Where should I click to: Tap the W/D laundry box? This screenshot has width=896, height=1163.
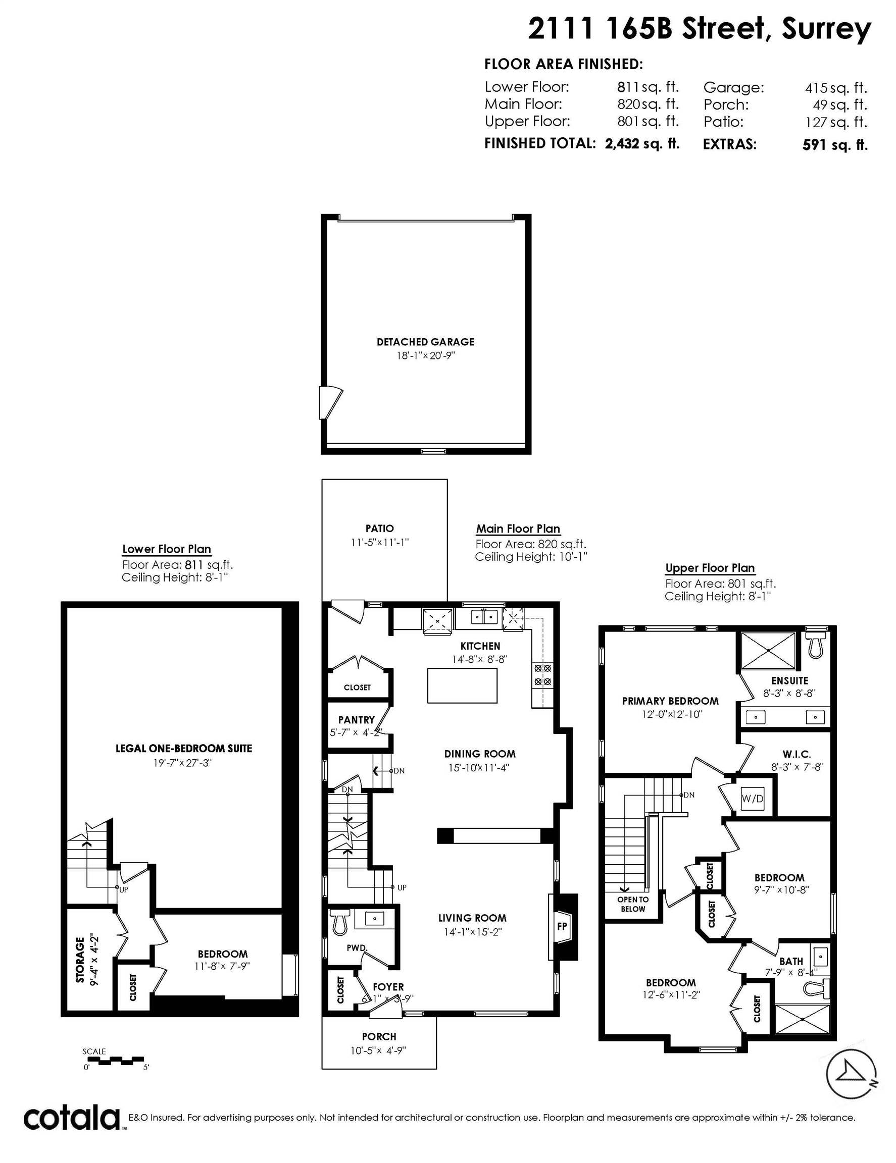click(x=752, y=799)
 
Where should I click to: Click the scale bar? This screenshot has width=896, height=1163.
click(x=114, y=1060)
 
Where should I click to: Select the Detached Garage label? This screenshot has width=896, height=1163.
click(x=425, y=342)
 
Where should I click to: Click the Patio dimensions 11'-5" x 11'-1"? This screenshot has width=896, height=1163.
click(x=379, y=542)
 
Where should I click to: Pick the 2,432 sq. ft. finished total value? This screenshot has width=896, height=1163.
click(x=642, y=143)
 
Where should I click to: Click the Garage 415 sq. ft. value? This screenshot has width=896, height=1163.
click(x=836, y=88)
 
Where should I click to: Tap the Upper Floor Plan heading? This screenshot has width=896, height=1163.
click(x=710, y=568)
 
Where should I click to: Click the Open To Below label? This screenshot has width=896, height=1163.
click(x=633, y=904)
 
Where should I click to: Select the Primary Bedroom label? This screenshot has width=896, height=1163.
click(x=670, y=701)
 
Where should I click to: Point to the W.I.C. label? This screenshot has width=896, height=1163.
click(x=797, y=754)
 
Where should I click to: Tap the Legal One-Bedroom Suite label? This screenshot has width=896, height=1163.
click(x=184, y=748)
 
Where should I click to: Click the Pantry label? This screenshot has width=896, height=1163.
click(x=357, y=720)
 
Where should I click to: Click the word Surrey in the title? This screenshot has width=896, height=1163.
click(x=826, y=29)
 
